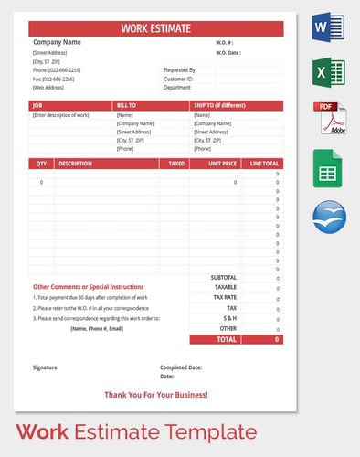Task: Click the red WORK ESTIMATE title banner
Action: click(156, 28)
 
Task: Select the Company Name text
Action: click(57, 42)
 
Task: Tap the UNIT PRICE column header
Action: click(223, 164)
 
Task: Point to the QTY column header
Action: click(41, 164)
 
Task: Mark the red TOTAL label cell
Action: click(227, 339)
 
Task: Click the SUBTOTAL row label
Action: click(224, 277)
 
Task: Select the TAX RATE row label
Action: click(225, 297)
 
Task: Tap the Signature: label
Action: click(45, 367)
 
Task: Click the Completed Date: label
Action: click(180, 367)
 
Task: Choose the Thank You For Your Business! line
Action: click(156, 395)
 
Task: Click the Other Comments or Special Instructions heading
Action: click(88, 287)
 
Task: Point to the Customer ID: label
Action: click(178, 80)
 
